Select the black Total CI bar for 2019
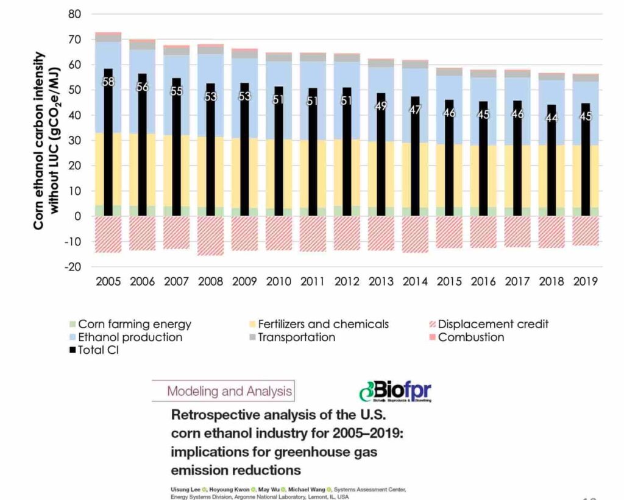coord(585,171)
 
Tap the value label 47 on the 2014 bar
coord(415,110)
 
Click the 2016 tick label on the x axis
coord(483,282)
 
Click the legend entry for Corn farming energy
coord(134,324)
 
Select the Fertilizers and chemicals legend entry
coord(323,324)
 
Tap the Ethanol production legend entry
coord(130,337)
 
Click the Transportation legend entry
coord(296,337)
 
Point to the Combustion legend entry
coord(471,337)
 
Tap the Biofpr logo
coord(395,390)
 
